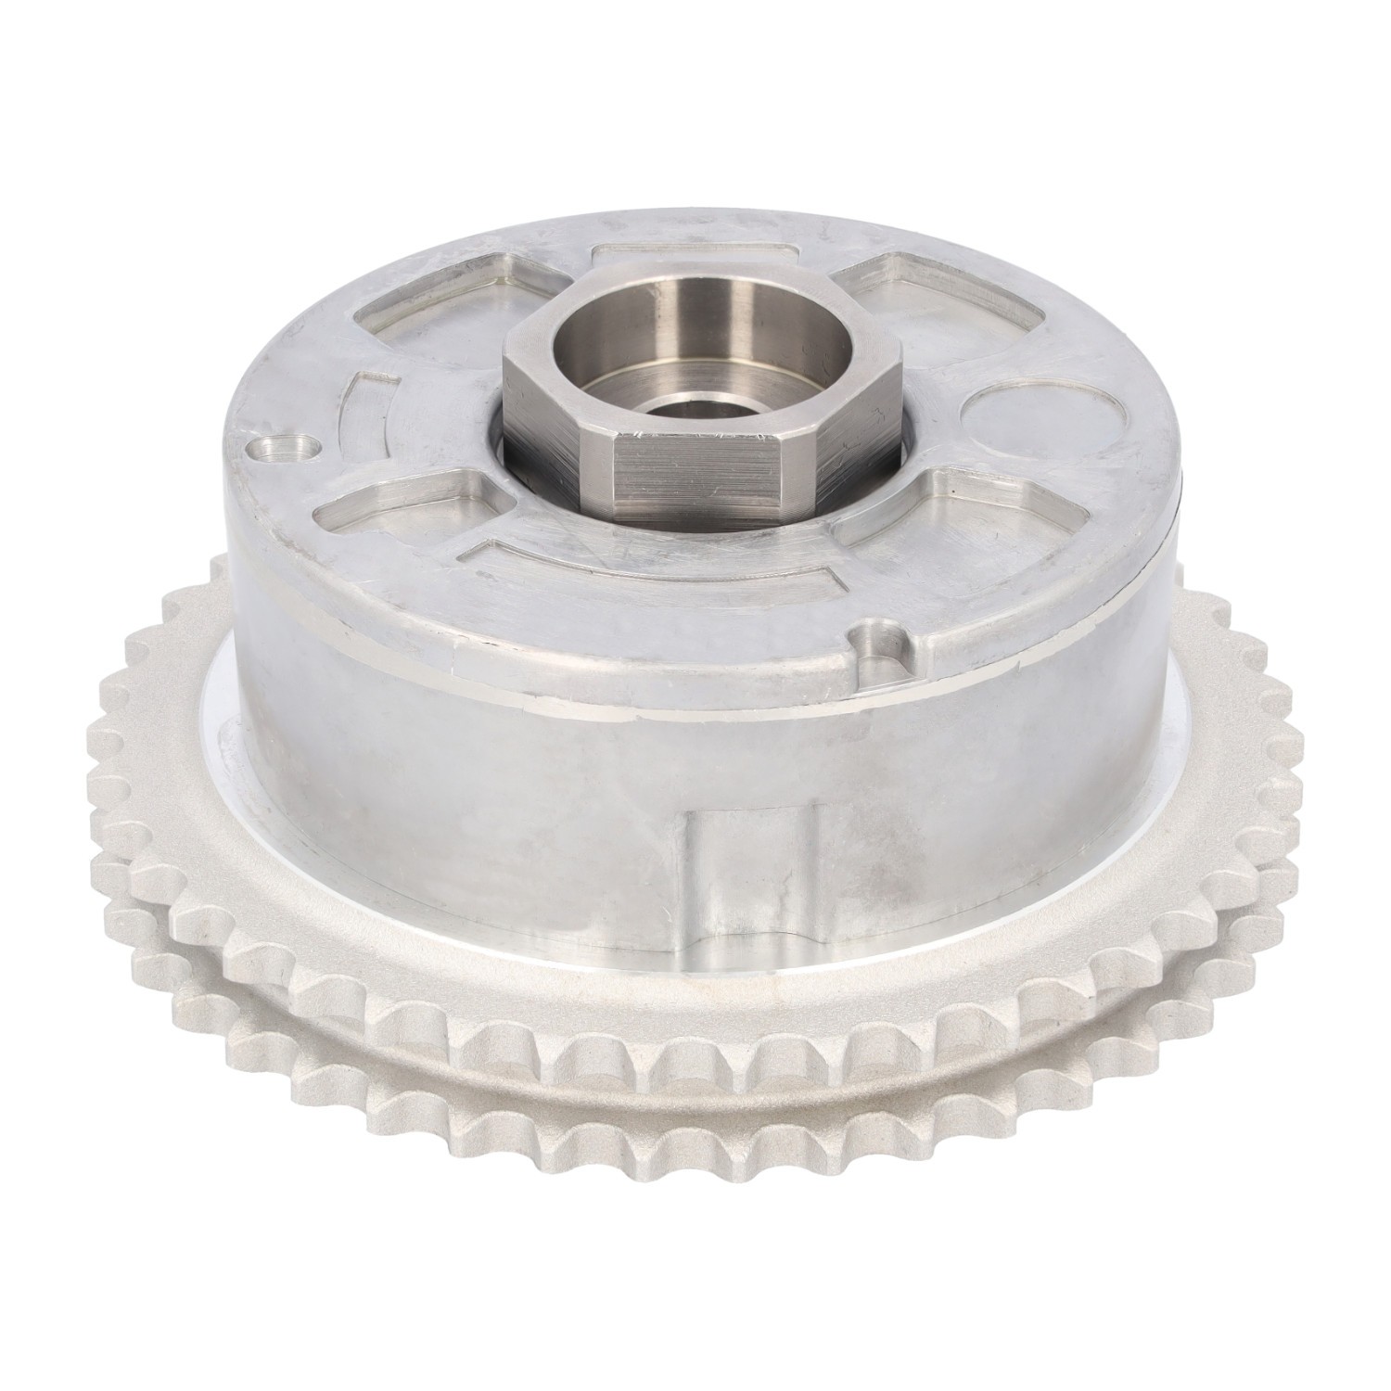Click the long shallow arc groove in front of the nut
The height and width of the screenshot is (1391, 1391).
pos(649,575)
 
